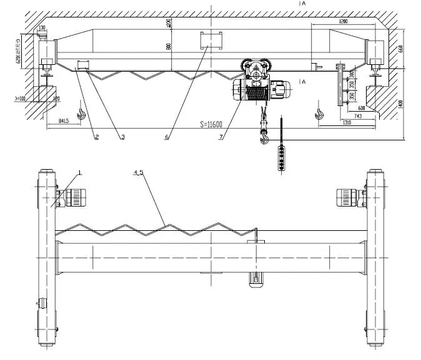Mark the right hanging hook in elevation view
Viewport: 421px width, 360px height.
tap(320, 113)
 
